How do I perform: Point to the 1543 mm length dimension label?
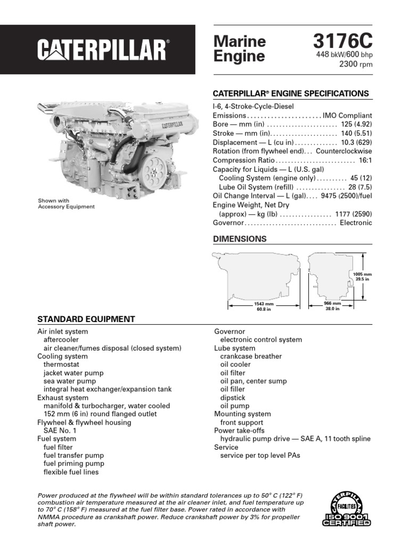click(x=259, y=305)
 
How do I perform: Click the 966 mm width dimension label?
click(x=332, y=305)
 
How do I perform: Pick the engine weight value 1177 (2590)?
click(x=354, y=214)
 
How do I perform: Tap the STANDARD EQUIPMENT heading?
click(x=86, y=319)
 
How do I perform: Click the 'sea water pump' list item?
click(x=70, y=381)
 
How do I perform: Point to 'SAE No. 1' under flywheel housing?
click(x=60, y=431)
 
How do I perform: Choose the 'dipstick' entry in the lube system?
click(x=233, y=398)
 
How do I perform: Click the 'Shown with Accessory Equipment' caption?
click(x=66, y=204)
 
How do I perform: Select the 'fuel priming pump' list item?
click(x=73, y=464)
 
